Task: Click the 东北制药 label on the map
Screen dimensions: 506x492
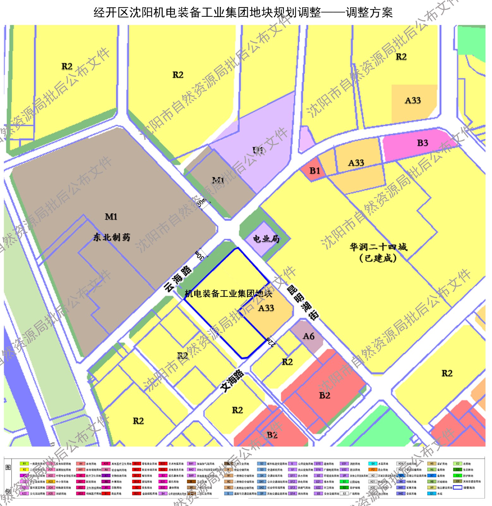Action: [111, 237]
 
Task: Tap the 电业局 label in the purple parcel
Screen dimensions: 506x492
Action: [266, 239]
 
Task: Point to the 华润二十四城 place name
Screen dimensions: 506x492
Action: [378, 247]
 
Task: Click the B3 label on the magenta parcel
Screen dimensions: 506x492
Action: [422, 143]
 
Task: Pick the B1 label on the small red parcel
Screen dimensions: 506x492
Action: [314, 171]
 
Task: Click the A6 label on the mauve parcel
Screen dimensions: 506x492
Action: [308, 336]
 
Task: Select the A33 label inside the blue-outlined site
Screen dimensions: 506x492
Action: [266, 308]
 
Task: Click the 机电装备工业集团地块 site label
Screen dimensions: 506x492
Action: [228, 294]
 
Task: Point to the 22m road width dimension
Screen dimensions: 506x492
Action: [271, 342]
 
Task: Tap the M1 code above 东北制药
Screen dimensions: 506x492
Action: [111, 217]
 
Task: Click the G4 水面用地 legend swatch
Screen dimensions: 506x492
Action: [373, 464]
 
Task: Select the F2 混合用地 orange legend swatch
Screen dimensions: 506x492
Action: [373, 470]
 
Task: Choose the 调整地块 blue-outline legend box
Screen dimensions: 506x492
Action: [458, 488]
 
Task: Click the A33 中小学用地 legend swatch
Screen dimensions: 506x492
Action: [51, 482]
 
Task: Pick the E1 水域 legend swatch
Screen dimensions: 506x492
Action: [432, 494]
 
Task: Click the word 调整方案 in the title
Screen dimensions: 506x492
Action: [369, 13]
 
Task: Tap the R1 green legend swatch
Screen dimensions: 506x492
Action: [24, 464]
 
